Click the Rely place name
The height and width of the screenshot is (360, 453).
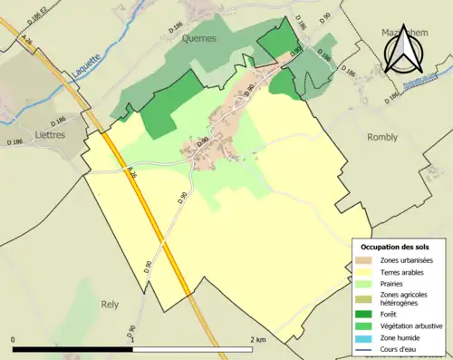(111, 305)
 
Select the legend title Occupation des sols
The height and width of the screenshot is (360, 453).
(396, 247)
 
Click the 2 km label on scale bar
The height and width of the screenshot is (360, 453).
(256, 339)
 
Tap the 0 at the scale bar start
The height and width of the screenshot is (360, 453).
(14, 339)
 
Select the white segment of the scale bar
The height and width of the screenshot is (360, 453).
(194, 349)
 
